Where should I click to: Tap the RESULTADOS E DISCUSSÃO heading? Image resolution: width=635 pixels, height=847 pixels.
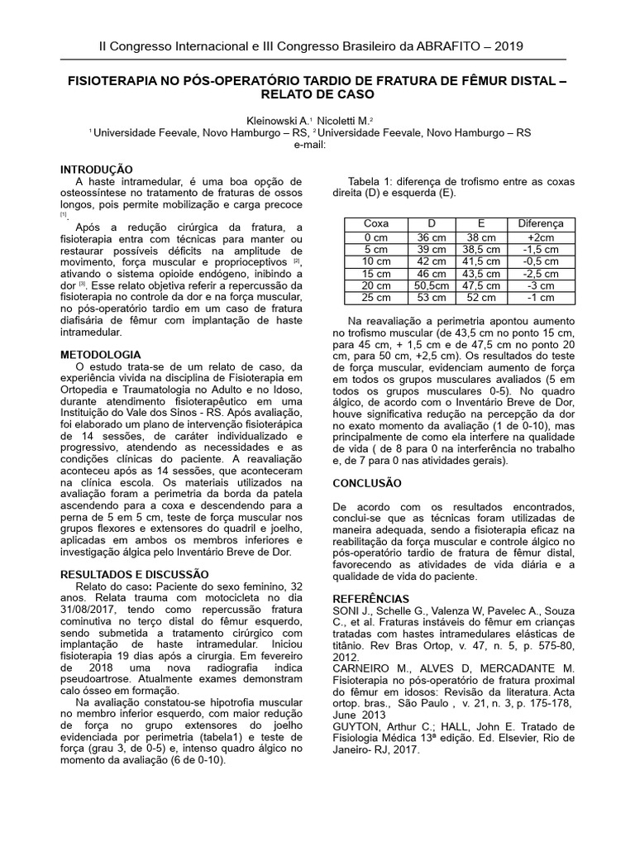point(136,573)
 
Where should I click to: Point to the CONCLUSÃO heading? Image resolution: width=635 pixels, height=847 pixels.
point(366,482)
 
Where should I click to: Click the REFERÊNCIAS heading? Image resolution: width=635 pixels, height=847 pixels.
point(370,598)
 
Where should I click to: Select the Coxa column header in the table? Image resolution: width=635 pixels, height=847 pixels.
point(375,223)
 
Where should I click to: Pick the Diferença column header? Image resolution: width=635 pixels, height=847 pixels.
point(541,223)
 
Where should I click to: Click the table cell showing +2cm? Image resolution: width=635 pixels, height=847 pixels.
point(541,236)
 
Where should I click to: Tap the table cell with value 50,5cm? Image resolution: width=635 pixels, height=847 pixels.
point(431,285)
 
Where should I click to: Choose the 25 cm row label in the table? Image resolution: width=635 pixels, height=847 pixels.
point(375,298)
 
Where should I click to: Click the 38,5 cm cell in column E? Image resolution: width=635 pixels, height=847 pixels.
point(482,248)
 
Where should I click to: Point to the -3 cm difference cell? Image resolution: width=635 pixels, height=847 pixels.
point(541,285)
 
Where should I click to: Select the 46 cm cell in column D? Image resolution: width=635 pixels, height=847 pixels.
point(431,273)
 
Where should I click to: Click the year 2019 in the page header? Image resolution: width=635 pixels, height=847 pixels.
point(508,46)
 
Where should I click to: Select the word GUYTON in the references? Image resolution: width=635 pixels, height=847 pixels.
point(357,725)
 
